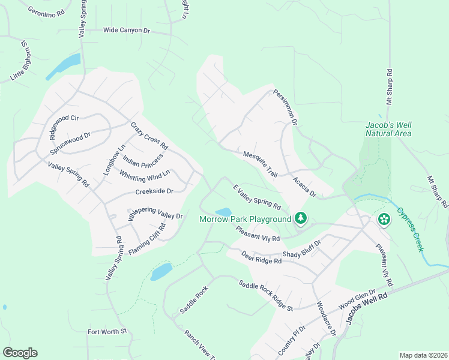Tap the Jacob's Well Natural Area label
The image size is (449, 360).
click(388, 129)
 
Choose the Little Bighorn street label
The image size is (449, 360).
click(20, 61)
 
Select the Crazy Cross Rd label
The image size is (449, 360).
click(149, 136)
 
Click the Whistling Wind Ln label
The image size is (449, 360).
click(145, 175)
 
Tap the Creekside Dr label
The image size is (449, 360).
click(154, 191)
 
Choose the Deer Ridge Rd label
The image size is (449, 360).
click(261, 257)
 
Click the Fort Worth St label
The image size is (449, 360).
click(107, 331)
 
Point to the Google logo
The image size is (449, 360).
click(20, 353)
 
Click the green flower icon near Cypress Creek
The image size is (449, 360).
click(383, 220)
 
